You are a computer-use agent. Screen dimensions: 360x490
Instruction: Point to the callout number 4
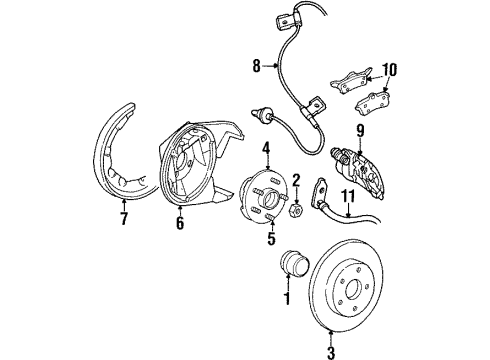[267, 152]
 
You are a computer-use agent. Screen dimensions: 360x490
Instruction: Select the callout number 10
[389, 69]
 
